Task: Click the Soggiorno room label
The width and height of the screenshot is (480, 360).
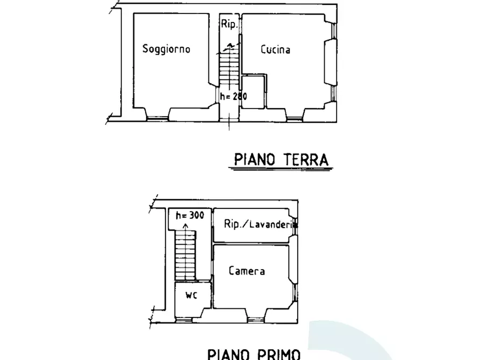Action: click(166, 49)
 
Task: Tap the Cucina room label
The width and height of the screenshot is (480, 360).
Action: click(275, 50)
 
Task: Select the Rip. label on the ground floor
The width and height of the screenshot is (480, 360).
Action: click(228, 24)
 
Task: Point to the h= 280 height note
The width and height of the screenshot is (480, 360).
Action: click(233, 97)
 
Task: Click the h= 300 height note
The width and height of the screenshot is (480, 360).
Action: click(190, 215)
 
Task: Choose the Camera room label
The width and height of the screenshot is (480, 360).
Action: click(247, 271)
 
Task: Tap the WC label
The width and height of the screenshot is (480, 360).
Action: click(191, 295)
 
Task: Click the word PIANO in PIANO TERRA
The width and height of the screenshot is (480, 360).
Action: click(255, 160)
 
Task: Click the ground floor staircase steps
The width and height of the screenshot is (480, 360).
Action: click(227, 67)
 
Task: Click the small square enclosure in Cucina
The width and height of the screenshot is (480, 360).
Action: click(253, 92)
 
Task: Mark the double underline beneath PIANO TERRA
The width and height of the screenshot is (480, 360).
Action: click(280, 170)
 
